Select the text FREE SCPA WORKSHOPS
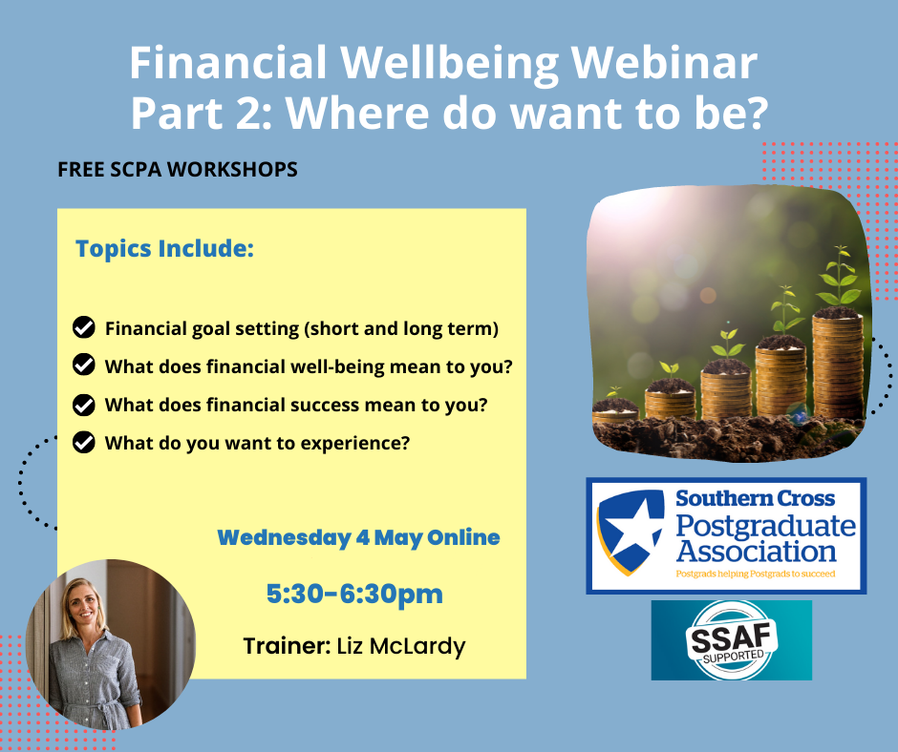178,170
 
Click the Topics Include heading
165,248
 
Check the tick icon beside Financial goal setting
84,327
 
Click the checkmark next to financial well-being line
84,365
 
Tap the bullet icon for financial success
84,405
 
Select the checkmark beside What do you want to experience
84,443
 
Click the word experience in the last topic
351,444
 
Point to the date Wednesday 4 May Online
358,537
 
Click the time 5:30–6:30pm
354,594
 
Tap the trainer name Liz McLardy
401,646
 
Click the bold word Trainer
287,645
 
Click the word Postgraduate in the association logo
766,526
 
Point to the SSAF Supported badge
732,640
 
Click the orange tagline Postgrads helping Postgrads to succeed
756,574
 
